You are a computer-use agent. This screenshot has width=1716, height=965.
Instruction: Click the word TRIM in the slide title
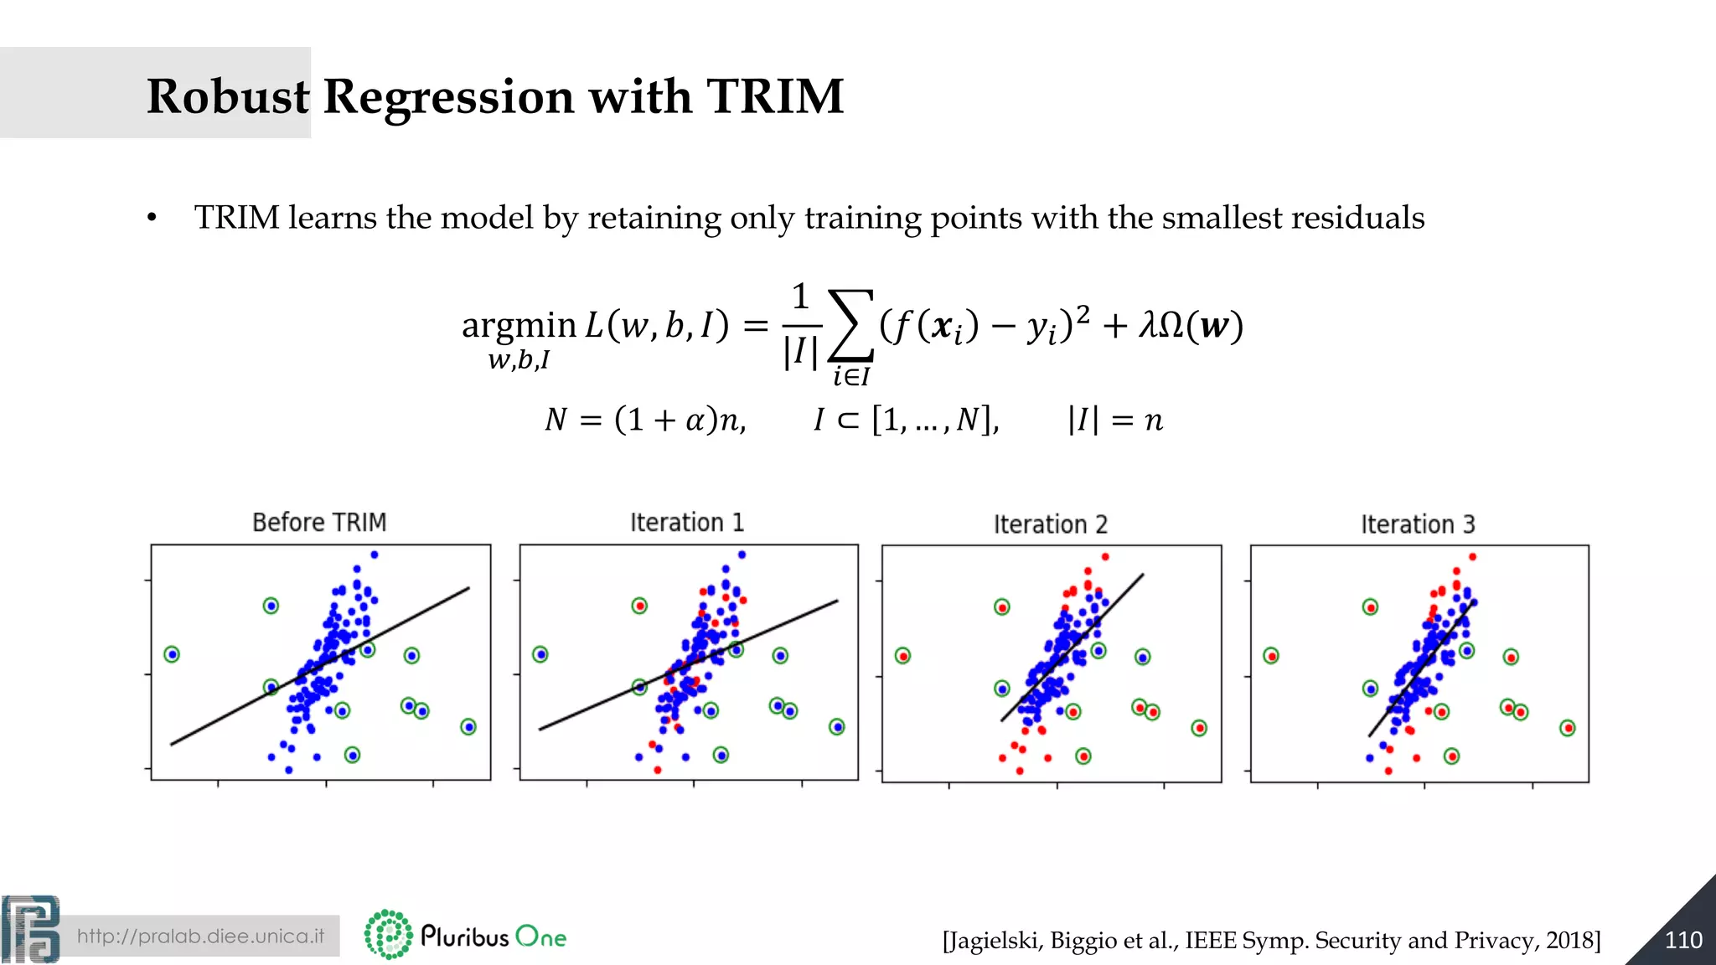(774, 96)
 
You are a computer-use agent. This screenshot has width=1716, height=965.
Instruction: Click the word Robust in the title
(228, 96)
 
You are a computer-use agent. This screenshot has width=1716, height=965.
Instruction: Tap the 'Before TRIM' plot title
(319, 522)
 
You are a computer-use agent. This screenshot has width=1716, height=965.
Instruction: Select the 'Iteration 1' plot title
(687, 523)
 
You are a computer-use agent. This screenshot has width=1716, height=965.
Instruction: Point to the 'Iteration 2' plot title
(1051, 524)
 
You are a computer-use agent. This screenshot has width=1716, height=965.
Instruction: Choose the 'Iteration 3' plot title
(1418, 524)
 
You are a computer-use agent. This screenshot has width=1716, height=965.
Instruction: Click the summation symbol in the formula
(850, 327)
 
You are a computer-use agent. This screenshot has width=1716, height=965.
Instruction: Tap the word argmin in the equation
(519, 325)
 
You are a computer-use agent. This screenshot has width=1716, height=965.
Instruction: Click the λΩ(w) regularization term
(1191, 325)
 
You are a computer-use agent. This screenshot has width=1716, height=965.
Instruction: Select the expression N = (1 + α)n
(645, 420)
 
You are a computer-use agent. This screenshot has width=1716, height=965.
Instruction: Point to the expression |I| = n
(1115, 420)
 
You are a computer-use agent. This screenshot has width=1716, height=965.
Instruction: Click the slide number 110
(1682, 940)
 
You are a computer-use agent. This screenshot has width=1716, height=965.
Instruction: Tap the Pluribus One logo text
(493, 936)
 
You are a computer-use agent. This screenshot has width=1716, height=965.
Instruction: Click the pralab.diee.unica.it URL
(200, 936)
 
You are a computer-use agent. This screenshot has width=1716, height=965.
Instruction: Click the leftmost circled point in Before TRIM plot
(172, 654)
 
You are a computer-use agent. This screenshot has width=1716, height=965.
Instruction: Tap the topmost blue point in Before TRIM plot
(375, 555)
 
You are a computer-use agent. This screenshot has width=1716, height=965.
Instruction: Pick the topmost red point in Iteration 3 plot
(1472, 557)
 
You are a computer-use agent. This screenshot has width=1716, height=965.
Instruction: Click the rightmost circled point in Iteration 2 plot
(1199, 728)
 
